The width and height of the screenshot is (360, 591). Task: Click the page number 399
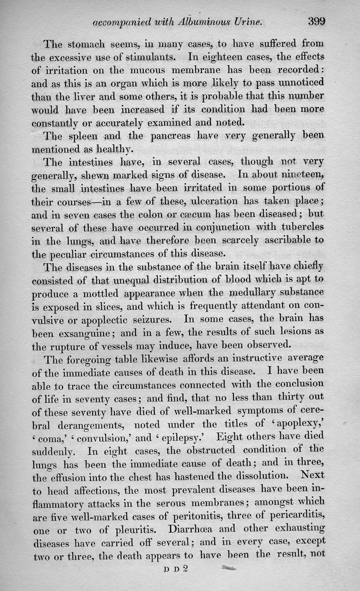317,21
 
